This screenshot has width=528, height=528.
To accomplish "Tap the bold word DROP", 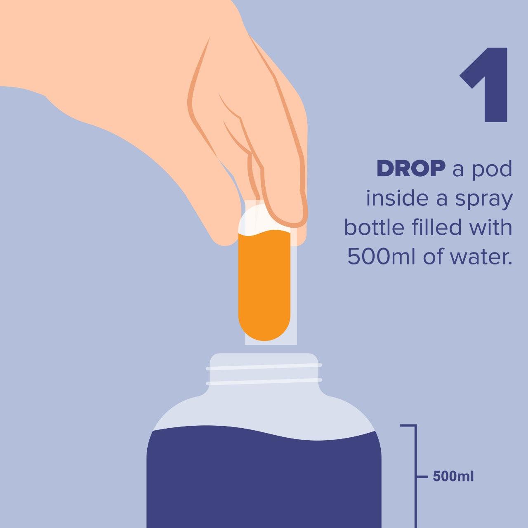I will (x=411, y=169).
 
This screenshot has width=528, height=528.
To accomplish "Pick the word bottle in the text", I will (x=370, y=227).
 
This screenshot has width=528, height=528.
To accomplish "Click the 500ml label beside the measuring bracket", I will (x=453, y=477).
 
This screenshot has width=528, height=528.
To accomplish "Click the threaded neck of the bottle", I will (x=264, y=373).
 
